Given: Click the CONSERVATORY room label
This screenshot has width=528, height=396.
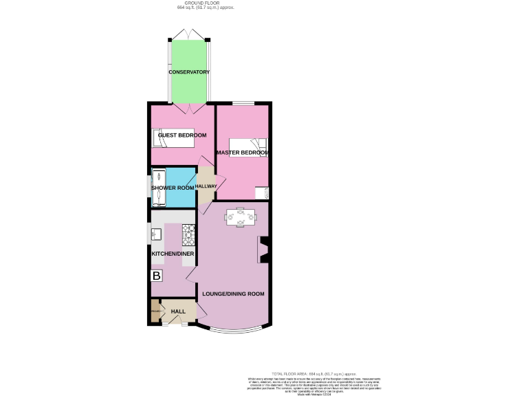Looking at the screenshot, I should coord(189,72).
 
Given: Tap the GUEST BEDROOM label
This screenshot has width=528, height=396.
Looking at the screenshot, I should coord(182,135).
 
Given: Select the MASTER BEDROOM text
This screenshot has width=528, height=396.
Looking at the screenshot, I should coord(242,153).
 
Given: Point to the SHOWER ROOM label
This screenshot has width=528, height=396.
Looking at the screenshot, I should coord(173,188).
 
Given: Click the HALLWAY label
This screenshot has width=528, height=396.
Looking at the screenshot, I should coord(206,186).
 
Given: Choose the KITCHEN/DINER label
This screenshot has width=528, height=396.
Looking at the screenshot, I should coord(173,254).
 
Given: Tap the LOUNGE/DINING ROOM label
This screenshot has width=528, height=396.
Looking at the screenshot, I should coord(233,294).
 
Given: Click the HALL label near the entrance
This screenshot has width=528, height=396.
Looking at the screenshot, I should coord(178,312).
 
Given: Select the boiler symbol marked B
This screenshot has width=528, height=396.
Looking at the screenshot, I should coord(157,276).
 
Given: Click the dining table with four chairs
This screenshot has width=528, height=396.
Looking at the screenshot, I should coord(240,217).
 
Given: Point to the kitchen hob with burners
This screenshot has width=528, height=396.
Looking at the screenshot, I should coord(188,236).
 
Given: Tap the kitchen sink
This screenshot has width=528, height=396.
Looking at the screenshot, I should coord(156,234).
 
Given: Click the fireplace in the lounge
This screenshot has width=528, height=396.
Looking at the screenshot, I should coord(263,250).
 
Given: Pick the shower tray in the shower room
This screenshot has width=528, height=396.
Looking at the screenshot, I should coord(158,187).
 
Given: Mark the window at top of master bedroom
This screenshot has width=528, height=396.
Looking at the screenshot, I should coord(242,103).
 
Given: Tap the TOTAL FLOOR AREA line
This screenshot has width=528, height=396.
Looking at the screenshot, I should coord(313,374).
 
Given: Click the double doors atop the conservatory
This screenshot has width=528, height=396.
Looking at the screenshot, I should coord(189,34).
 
